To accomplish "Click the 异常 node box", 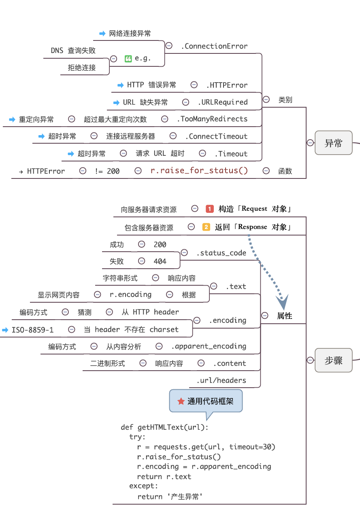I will tap(333, 143).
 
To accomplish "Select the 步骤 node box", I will tap(333, 361).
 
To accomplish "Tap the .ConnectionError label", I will tap(214, 46).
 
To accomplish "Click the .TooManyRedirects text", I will tap(212, 119).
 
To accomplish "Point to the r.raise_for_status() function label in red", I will tap(199, 171).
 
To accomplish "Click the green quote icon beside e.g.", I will tap(128, 58).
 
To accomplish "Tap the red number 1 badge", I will tap(209, 209).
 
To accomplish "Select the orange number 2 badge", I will tap(206, 227).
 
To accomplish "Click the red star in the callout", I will tap(181, 401).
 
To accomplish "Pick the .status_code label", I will tap(222, 253).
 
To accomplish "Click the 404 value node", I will tap(160, 261).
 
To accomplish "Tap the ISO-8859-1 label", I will tap(32, 330).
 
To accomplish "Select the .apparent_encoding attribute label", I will tap(209, 346).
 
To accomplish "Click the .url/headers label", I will tap(222, 380).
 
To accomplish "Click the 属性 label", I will tap(284, 316).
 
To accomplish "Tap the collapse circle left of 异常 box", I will tap(310, 142).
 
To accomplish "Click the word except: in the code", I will tap(144, 486).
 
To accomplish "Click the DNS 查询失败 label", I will tap(73, 51).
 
